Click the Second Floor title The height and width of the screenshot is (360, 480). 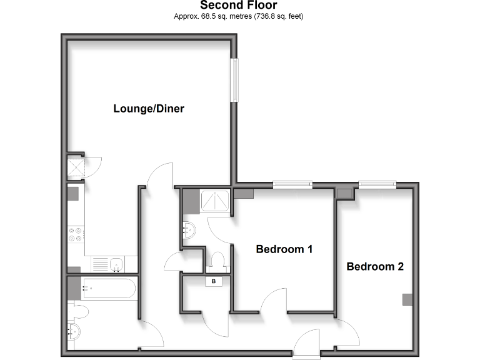(x=238, y=6)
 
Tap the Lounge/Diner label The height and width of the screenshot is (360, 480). (x=149, y=109)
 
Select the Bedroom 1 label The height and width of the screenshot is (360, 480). (x=284, y=249)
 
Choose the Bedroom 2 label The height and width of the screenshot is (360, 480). (x=375, y=267)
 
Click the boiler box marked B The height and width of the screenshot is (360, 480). (x=214, y=282)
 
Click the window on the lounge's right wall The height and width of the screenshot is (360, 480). (x=234, y=81)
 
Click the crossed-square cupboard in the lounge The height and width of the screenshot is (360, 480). (x=75, y=167)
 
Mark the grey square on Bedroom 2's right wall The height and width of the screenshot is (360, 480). (x=407, y=299)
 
